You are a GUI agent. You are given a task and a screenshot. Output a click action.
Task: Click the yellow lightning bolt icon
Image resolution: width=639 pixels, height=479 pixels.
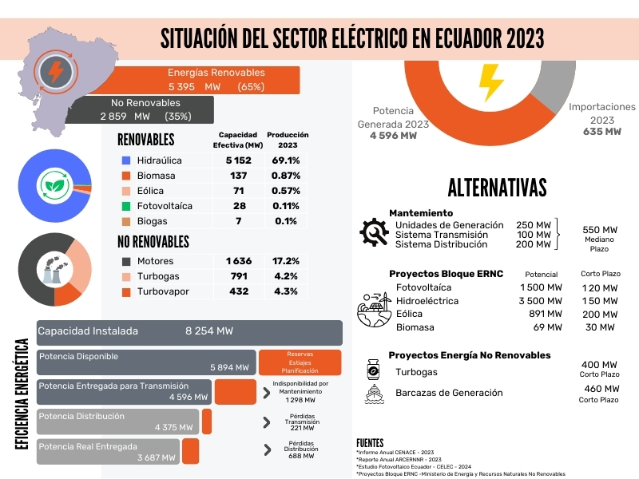point(490,80)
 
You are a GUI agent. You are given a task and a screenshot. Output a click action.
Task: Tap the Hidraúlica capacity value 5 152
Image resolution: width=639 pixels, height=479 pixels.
point(239,160)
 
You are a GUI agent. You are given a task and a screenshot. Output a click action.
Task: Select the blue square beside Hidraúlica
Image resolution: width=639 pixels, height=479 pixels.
point(126,160)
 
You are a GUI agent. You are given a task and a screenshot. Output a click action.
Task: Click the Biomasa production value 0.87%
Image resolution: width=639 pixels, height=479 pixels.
point(286,176)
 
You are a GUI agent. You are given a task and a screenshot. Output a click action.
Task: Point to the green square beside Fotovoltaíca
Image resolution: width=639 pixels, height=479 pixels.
point(126,206)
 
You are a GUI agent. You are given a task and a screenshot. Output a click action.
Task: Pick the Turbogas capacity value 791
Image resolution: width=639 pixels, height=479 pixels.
point(239,277)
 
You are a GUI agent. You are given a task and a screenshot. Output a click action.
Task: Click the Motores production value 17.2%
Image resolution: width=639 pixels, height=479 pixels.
point(285,261)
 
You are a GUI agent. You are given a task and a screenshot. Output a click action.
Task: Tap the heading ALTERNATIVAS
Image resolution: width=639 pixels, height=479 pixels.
point(497,188)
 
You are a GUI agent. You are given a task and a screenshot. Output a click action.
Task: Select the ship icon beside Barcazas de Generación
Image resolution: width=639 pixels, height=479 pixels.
point(373,393)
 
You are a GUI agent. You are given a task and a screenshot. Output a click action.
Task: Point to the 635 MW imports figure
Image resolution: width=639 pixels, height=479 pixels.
point(601,133)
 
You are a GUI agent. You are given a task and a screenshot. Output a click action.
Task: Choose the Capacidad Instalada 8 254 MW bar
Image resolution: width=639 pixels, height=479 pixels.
point(189,331)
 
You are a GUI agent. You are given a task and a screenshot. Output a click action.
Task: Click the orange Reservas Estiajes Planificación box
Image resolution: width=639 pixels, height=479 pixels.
point(300,362)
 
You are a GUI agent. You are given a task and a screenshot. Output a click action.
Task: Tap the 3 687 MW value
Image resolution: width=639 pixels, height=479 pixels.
point(157,457)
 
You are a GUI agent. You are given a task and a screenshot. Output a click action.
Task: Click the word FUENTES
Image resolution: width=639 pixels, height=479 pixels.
point(370,443)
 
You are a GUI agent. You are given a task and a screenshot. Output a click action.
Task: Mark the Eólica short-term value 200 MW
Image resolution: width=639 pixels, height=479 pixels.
point(598,314)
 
